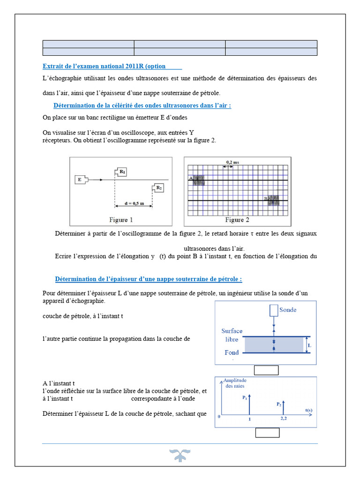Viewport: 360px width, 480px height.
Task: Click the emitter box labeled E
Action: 80,179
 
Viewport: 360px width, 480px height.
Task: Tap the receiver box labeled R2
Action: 158,188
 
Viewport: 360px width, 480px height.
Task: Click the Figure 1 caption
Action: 121,219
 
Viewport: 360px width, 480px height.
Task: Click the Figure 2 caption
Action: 237,219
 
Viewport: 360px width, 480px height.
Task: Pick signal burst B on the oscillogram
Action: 273,200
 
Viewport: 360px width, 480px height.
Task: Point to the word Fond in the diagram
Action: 232,352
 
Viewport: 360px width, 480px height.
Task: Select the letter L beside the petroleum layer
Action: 309,345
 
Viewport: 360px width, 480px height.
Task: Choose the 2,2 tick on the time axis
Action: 284,419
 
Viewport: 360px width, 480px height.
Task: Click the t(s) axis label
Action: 309,410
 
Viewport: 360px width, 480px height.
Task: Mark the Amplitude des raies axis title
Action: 235,383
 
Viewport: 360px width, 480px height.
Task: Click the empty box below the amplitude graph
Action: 267,433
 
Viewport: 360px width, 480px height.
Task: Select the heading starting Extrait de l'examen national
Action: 112,66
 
